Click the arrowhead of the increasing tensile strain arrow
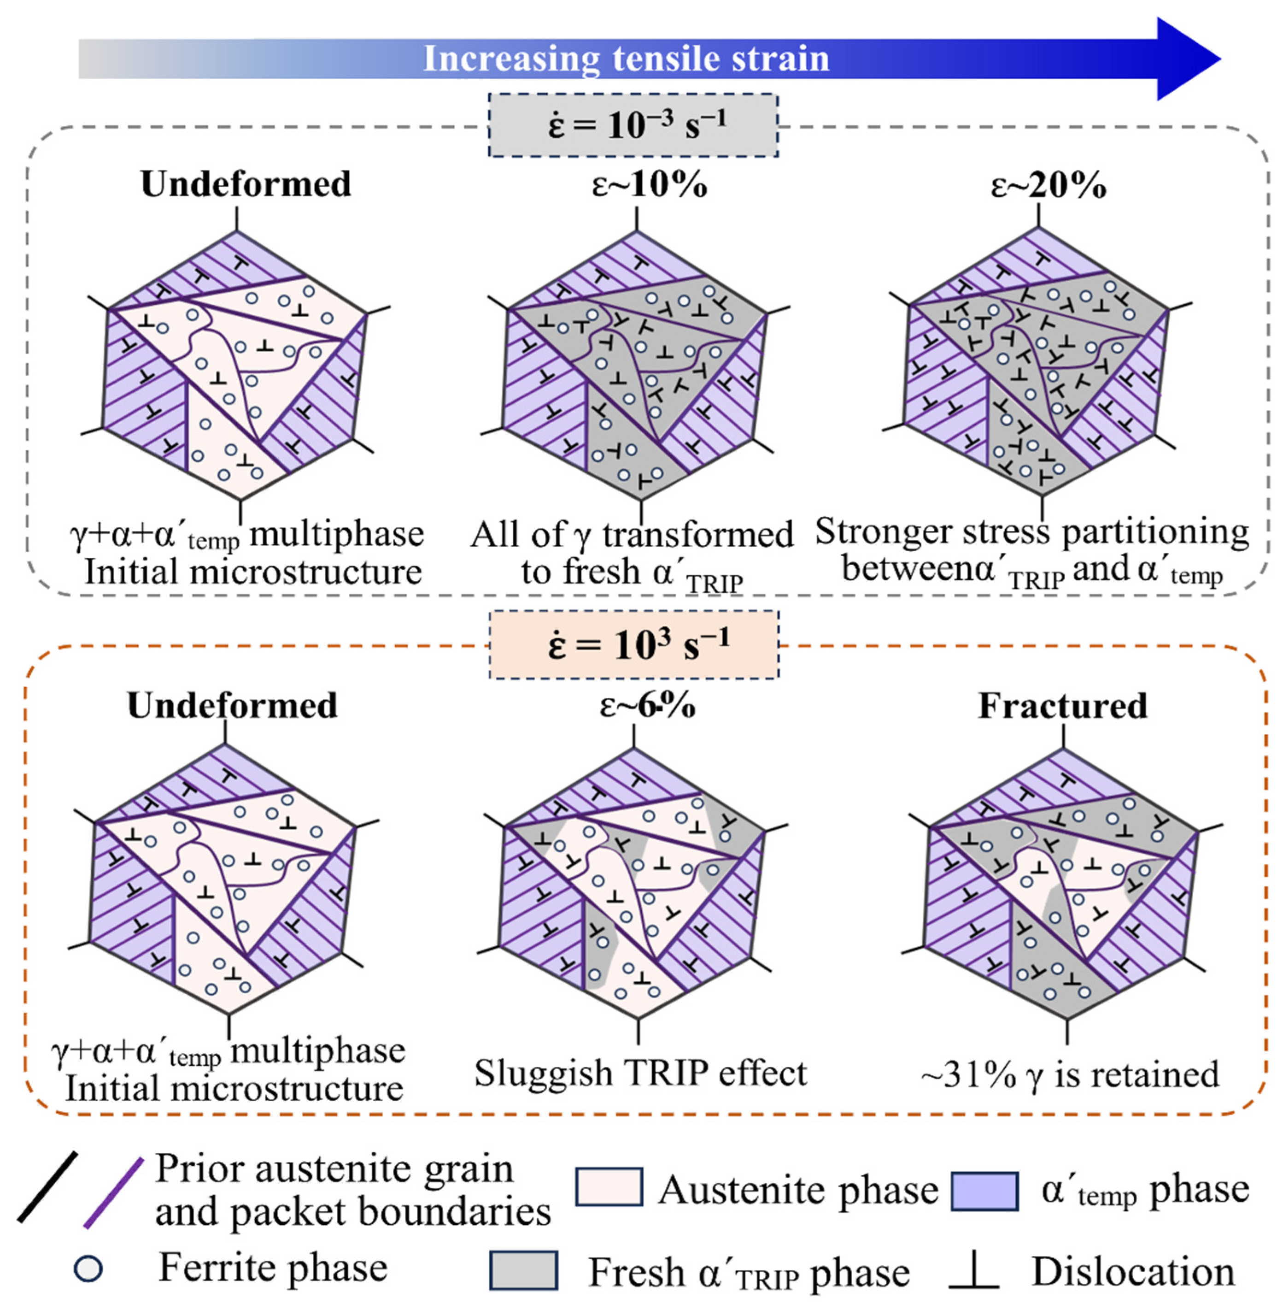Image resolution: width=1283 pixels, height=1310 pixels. (1186, 59)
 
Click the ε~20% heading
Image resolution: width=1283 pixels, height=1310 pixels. (1049, 184)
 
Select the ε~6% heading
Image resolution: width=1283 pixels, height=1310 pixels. (647, 706)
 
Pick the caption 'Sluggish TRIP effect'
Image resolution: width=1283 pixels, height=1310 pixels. (640, 1073)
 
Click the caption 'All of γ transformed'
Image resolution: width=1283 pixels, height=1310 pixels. (632, 535)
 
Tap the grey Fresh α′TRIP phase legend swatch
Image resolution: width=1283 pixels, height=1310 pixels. (523, 1270)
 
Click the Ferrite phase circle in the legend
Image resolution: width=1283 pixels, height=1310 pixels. (88, 1268)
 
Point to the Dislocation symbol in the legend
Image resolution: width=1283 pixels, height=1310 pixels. (974, 1270)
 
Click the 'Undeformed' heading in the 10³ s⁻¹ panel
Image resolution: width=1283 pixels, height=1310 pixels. (233, 706)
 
